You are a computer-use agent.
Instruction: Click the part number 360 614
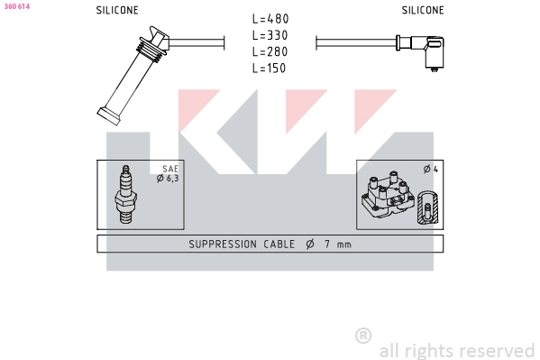click(x=17, y=6)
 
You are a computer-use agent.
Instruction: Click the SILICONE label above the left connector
click(x=117, y=10)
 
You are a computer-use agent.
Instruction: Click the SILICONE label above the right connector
click(x=423, y=10)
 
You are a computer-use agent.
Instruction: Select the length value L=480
click(x=270, y=19)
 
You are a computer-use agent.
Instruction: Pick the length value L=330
click(x=270, y=35)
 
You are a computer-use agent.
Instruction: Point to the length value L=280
click(x=270, y=51)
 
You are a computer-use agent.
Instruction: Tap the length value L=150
click(x=270, y=68)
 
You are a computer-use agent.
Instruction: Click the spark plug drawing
click(x=125, y=195)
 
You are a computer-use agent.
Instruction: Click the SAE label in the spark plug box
click(x=170, y=169)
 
